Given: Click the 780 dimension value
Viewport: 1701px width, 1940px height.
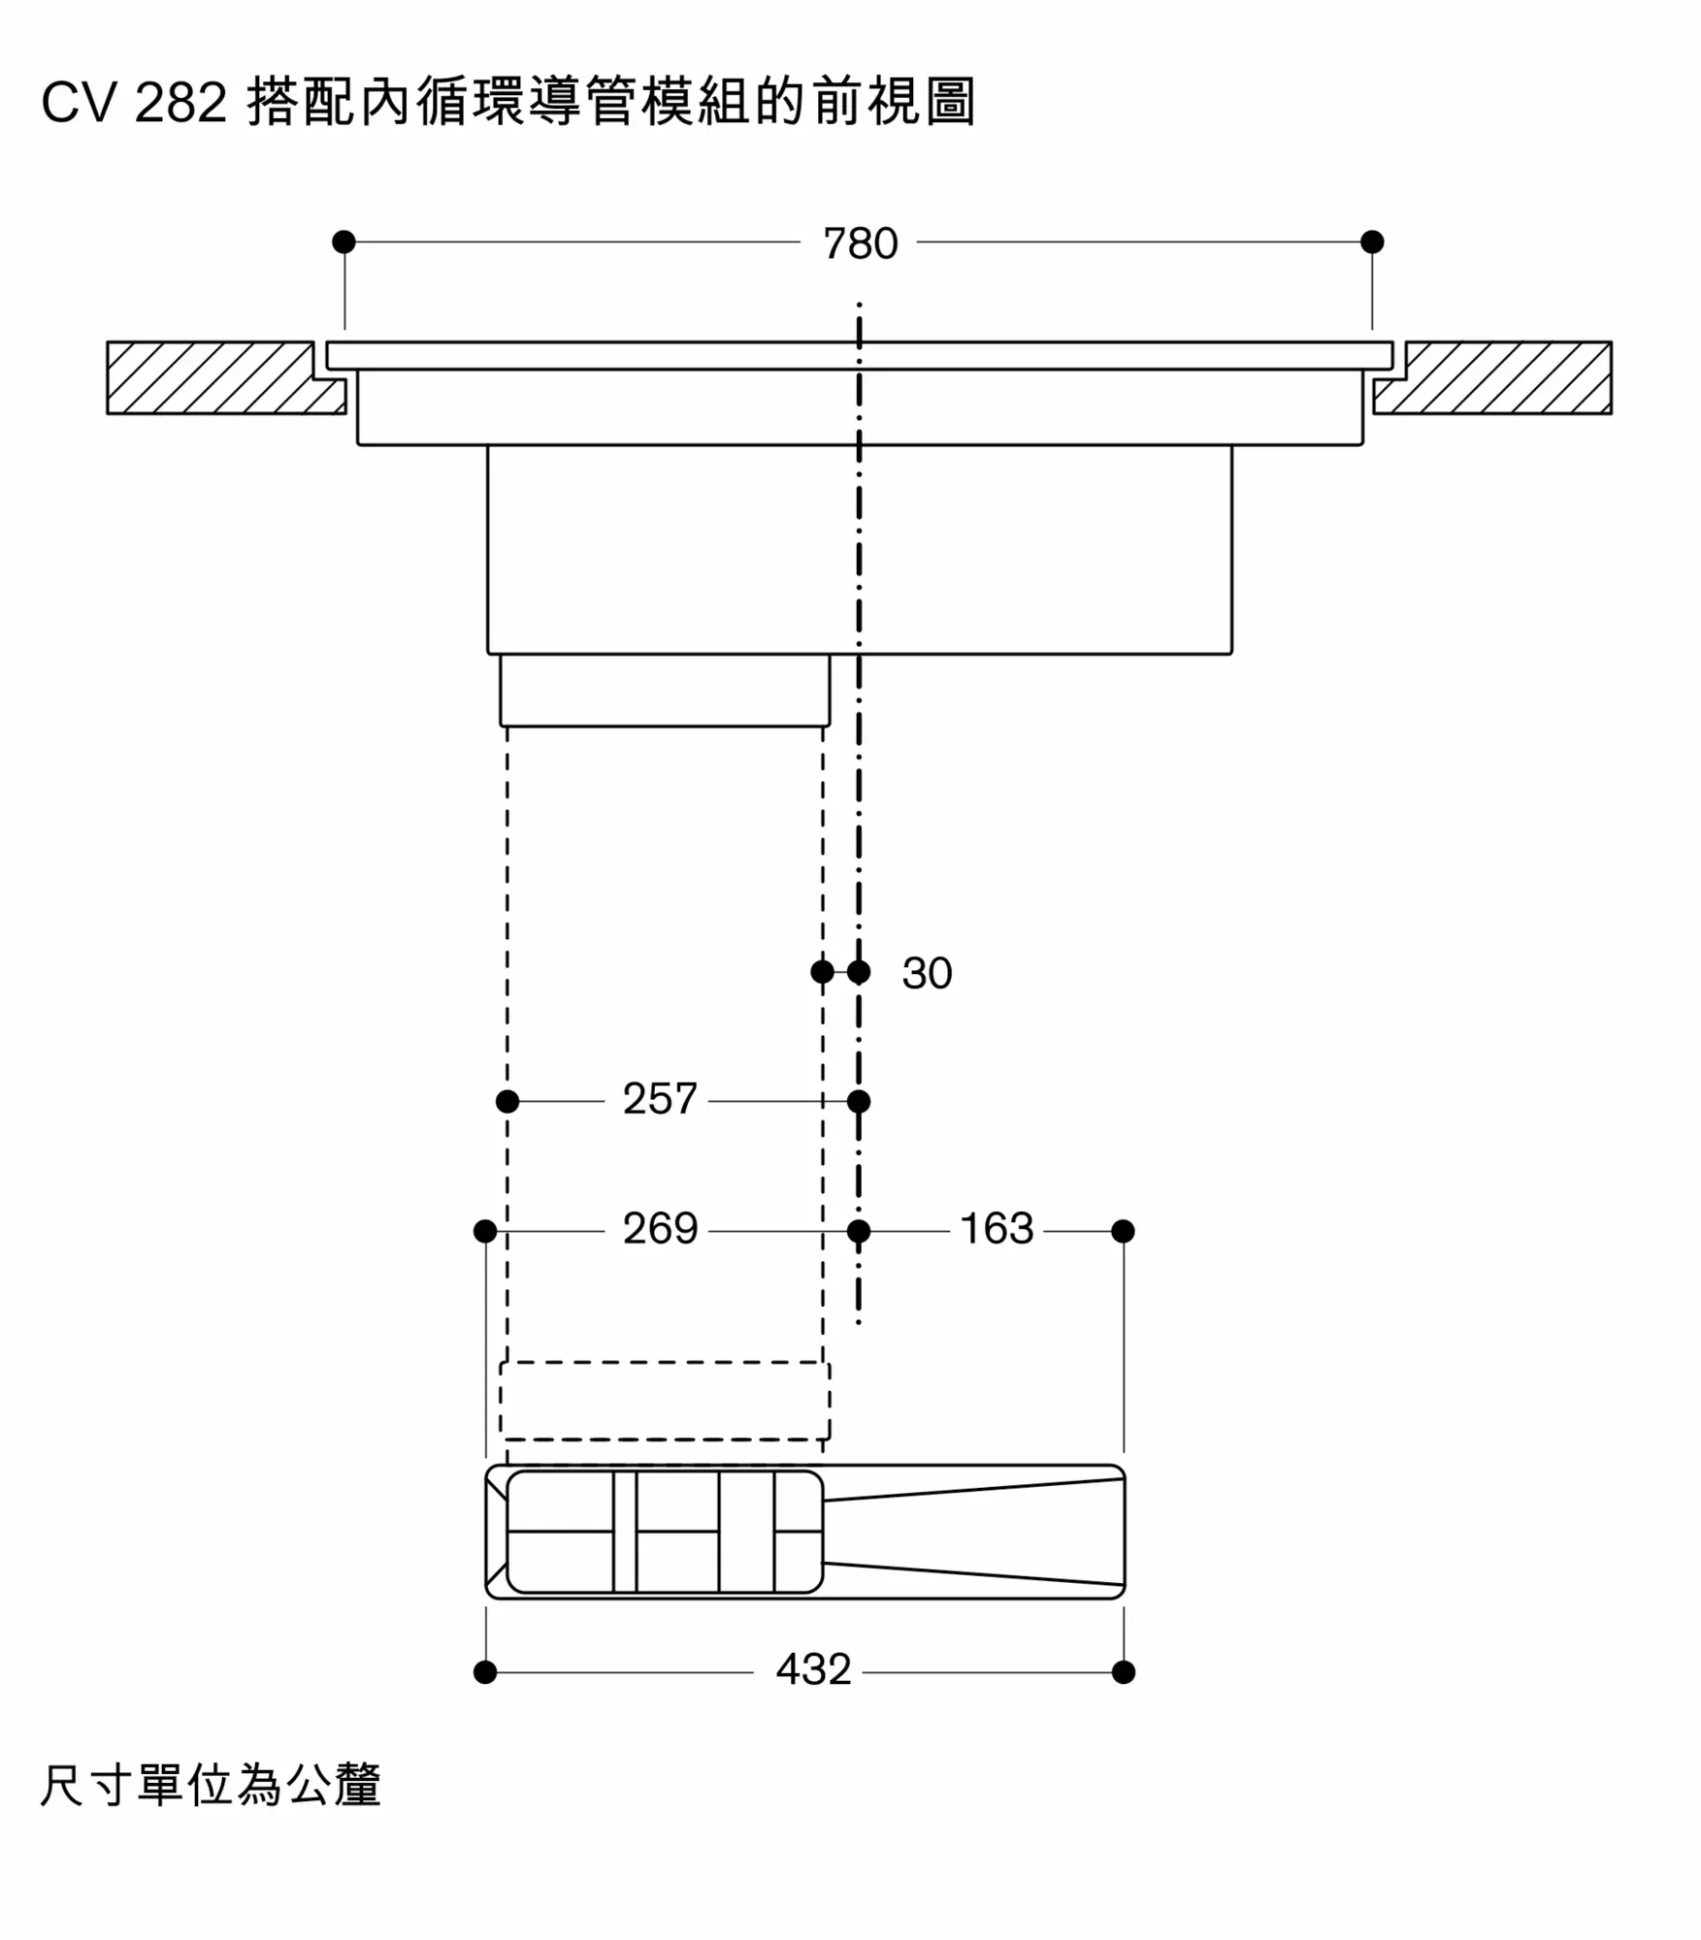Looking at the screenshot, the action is [x=860, y=243].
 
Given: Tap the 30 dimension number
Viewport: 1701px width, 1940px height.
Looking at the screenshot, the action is [x=927, y=973].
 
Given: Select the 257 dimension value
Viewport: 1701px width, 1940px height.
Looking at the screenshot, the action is [x=660, y=1099].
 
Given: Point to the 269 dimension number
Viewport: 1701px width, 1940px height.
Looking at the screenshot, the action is [x=660, y=1229].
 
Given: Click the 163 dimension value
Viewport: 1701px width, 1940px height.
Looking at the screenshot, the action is [x=997, y=1229].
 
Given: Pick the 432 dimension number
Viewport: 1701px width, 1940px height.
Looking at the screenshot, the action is [x=813, y=1669].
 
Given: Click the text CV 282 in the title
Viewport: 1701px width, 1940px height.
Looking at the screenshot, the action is [x=134, y=102].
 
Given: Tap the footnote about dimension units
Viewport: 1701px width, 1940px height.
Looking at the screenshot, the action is [x=210, y=1785].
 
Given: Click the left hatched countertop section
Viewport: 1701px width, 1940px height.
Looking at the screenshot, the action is [x=226, y=377].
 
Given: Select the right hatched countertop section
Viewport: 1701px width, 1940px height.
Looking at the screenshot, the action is [x=1492, y=377].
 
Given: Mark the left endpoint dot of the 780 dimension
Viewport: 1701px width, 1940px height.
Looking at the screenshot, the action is [x=343, y=242].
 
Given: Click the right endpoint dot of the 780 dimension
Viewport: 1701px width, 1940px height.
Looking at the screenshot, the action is [x=1372, y=242].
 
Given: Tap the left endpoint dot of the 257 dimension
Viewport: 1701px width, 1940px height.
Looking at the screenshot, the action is [x=507, y=1101].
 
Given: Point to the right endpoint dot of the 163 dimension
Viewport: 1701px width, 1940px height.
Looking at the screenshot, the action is [x=1123, y=1231].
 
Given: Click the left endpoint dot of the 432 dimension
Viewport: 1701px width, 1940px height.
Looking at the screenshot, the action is [x=485, y=1671].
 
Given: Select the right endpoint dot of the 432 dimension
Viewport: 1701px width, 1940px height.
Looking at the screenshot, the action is [x=1124, y=1671].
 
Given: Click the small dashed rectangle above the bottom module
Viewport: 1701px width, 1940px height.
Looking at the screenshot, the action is [x=665, y=1401].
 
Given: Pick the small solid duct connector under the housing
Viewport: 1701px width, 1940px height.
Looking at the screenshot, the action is [x=665, y=690].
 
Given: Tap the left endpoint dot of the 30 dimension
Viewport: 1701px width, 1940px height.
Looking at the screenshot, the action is [x=822, y=971].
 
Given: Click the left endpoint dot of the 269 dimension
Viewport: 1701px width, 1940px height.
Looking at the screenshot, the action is [x=485, y=1231].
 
